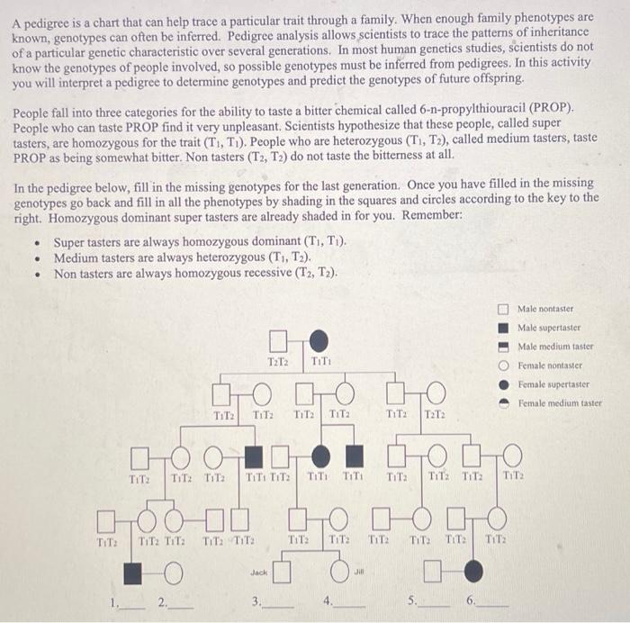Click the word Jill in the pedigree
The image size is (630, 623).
[x=357, y=570]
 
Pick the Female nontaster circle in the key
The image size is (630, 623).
[x=506, y=365]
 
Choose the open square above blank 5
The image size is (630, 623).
[x=433, y=570]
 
